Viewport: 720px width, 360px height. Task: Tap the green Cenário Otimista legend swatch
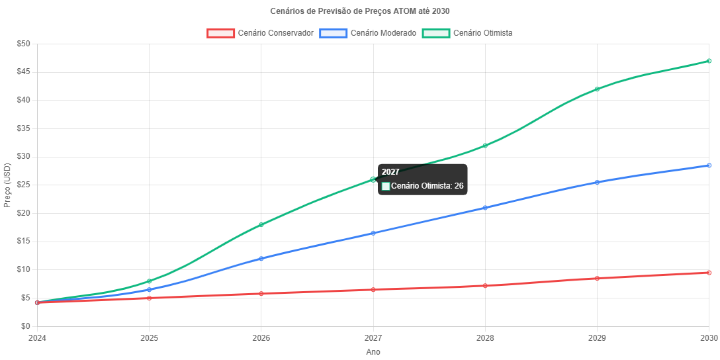tap(435, 33)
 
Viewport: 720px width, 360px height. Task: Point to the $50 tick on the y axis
tap(24, 44)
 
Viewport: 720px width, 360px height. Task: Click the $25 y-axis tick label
tap(24, 185)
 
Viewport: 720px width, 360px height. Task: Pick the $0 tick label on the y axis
tap(26, 326)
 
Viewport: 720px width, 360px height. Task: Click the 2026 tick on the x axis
tap(261, 338)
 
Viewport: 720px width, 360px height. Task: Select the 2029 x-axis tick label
tap(597, 338)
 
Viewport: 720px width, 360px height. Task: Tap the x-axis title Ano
tap(373, 352)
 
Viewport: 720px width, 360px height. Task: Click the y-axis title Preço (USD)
tap(7, 185)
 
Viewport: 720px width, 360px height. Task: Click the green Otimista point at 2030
tap(709, 61)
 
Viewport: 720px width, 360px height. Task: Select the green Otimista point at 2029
tap(597, 89)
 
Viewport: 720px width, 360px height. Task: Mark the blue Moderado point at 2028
tap(485, 208)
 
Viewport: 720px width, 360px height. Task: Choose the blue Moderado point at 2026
tap(261, 259)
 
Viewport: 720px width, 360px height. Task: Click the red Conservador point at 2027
tap(373, 290)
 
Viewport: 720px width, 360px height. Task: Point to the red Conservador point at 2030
tap(709, 273)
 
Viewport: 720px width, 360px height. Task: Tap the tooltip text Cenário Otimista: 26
tap(427, 186)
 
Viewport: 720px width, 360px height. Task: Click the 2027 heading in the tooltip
tap(390, 172)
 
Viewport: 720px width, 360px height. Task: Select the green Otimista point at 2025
tap(149, 281)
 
